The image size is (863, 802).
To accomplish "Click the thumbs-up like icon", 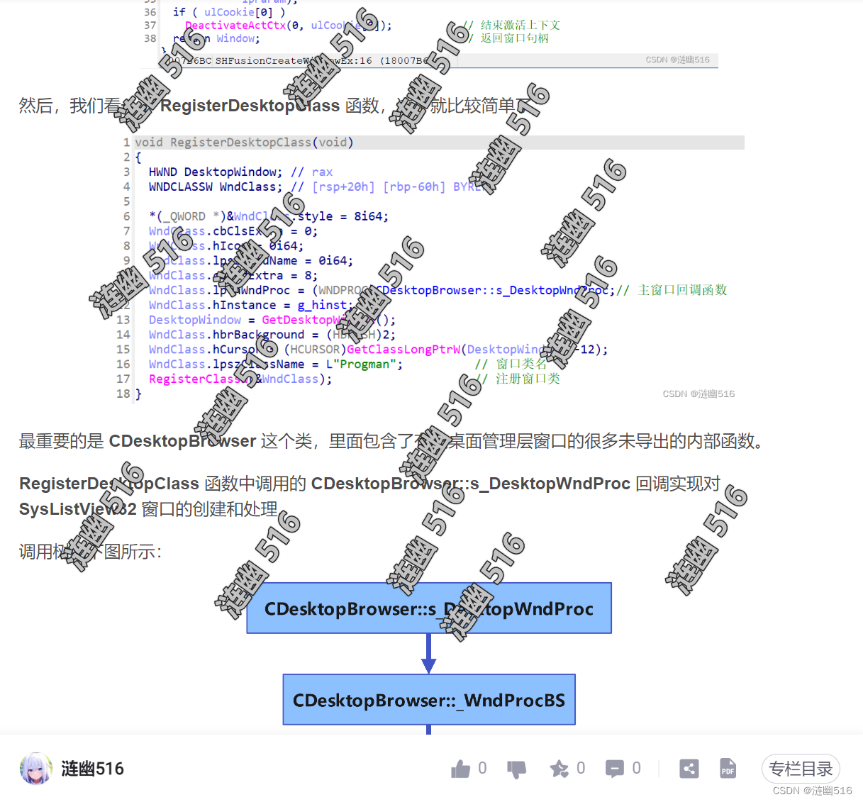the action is (x=461, y=769).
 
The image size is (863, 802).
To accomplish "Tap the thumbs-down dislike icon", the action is (x=516, y=769).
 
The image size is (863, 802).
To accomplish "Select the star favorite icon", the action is (x=559, y=769).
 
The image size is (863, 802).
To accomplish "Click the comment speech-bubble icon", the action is (x=614, y=769).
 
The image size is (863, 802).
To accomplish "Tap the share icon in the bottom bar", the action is (x=689, y=769).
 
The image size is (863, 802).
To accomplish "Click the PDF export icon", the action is (x=728, y=769).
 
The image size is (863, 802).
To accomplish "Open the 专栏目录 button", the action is (x=801, y=769).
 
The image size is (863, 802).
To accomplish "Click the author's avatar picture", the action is (x=36, y=769).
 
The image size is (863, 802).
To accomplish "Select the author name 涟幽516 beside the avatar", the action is (x=92, y=769).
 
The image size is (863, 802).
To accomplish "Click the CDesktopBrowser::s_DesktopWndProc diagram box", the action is (x=428, y=608).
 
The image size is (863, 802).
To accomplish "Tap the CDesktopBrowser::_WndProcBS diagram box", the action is (x=428, y=700).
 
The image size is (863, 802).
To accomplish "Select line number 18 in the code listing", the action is (x=123, y=394).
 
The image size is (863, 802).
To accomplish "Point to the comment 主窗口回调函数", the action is (x=682, y=290).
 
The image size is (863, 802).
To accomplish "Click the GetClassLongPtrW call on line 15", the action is (x=403, y=350).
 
